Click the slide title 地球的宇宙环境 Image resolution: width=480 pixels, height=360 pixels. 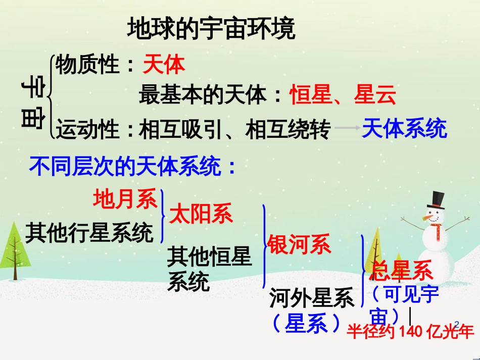(x=211, y=28)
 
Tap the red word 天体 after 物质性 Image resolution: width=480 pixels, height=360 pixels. (x=164, y=65)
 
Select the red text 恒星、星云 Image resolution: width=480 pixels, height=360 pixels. (x=343, y=94)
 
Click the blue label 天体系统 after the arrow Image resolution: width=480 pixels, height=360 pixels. (x=404, y=128)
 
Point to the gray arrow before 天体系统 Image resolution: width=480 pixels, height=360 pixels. (x=347, y=128)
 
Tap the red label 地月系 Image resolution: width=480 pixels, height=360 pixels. (x=125, y=199)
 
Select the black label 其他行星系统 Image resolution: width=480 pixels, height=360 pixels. (x=89, y=233)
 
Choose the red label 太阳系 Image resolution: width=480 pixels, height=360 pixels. (x=201, y=214)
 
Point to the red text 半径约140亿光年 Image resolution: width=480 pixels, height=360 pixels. (x=410, y=331)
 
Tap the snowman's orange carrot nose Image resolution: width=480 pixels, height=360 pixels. (x=428, y=218)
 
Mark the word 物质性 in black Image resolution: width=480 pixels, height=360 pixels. (x=87, y=64)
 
